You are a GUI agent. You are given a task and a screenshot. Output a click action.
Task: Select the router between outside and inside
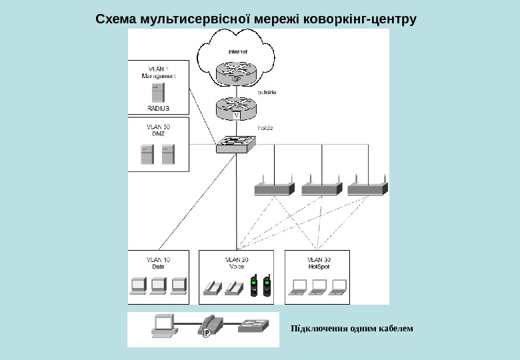pyautogui.click(x=235, y=107)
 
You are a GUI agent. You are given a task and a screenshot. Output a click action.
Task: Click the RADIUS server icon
pyautogui.click(x=158, y=92)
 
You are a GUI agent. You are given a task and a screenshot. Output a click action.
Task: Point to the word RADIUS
pyautogui.click(x=158, y=108)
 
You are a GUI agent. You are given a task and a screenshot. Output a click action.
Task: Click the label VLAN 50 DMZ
pyautogui.click(x=158, y=130)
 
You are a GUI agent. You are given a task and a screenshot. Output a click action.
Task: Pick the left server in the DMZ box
pyautogui.click(x=147, y=154)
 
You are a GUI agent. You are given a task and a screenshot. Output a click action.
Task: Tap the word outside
pyautogui.click(x=267, y=92)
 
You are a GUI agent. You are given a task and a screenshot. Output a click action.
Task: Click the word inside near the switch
pyautogui.click(x=265, y=127)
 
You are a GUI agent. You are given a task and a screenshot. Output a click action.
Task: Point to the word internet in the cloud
pyautogui.click(x=237, y=51)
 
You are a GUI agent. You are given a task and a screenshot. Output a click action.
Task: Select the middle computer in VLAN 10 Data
pyautogui.click(x=158, y=286)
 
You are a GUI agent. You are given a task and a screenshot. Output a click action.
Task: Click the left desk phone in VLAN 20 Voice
pyautogui.click(x=212, y=287)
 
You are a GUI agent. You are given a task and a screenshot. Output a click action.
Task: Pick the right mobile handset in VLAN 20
pyautogui.click(x=267, y=285)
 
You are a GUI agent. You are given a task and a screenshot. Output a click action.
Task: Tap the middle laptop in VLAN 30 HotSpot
pyautogui.click(x=318, y=287)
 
